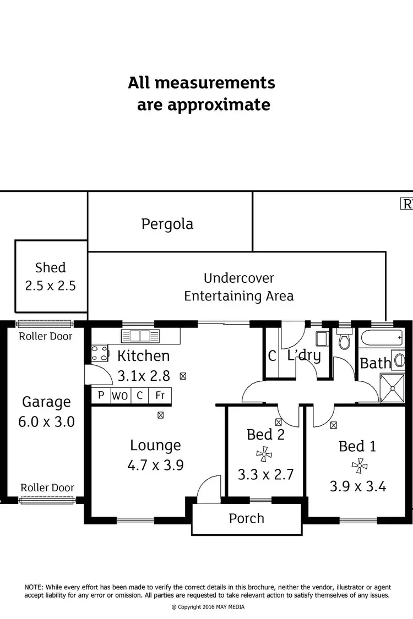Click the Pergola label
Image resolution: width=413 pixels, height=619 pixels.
tap(167, 224)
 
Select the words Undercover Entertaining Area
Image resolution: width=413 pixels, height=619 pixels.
tap(238, 287)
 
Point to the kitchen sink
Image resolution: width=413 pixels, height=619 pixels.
tap(140, 336)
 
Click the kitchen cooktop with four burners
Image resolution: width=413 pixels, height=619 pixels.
tap(100, 353)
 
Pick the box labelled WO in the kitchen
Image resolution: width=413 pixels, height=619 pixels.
tap(120, 395)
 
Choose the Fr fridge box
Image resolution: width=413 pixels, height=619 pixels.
tap(160, 395)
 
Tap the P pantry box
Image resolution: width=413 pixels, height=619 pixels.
tap(101, 395)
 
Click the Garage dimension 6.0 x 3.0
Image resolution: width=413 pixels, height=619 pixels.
tap(46, 422)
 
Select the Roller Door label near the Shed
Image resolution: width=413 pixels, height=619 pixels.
tap(46, 336)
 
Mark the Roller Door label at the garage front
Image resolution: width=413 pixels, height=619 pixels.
tap(47, 487)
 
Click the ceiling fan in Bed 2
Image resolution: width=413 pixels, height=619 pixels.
tap(264, 454)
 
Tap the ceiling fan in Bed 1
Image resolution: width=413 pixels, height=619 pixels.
tap(360, 466)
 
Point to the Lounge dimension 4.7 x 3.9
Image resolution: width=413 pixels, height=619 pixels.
tap(155, 465)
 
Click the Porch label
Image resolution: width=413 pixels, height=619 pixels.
tap(247, 518)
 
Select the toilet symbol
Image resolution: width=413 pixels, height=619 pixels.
tap(344, 341)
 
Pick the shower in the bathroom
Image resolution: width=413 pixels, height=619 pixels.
tap(393, 388)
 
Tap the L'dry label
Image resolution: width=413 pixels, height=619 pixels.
tap(304, 355)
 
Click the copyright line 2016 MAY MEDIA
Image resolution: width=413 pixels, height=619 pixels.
tap(208, 607)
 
